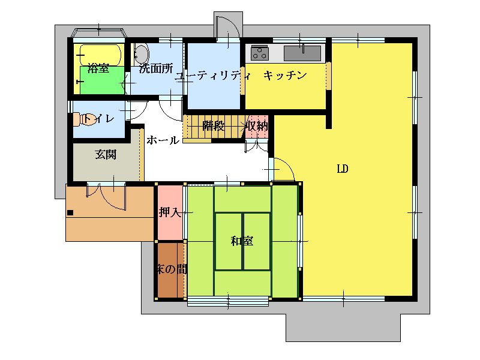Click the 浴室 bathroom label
point(98,68)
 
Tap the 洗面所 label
point(156,68)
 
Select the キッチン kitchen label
point(285,75)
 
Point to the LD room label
point(343,169)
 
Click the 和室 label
point(242,241)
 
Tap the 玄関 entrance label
point(106,155)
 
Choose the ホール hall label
point(162,140)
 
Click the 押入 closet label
point(170,212)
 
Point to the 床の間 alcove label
point(171,269)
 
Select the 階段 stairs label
point(214,126)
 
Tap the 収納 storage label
point(257,126)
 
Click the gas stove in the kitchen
point(260,53)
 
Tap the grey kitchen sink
point(302,53)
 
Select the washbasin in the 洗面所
point(141,53)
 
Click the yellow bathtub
point(100,55)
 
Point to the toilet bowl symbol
point(80,119)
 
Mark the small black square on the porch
point(70,212)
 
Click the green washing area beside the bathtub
point(102,80)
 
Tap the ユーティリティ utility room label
point(214,76)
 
